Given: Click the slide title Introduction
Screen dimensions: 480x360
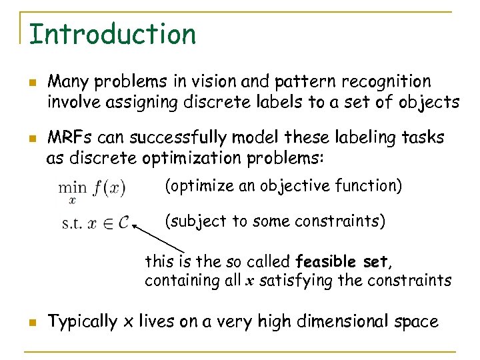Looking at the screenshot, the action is coord(113,34).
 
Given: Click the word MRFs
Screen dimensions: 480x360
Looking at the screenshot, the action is coord(70,137).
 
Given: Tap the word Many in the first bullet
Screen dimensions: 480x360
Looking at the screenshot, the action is coord(68,82).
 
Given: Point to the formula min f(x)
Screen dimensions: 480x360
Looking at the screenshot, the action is coord(91,189).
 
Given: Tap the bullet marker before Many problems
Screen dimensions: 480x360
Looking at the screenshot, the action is coord(32,83).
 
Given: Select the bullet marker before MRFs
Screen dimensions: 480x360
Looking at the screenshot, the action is coord(32,138).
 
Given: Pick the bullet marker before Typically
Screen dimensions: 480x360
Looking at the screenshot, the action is coord(32,323).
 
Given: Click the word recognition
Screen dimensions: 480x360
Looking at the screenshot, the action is coord(386,82).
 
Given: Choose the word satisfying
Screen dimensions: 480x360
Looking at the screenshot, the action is coord(297,281).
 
